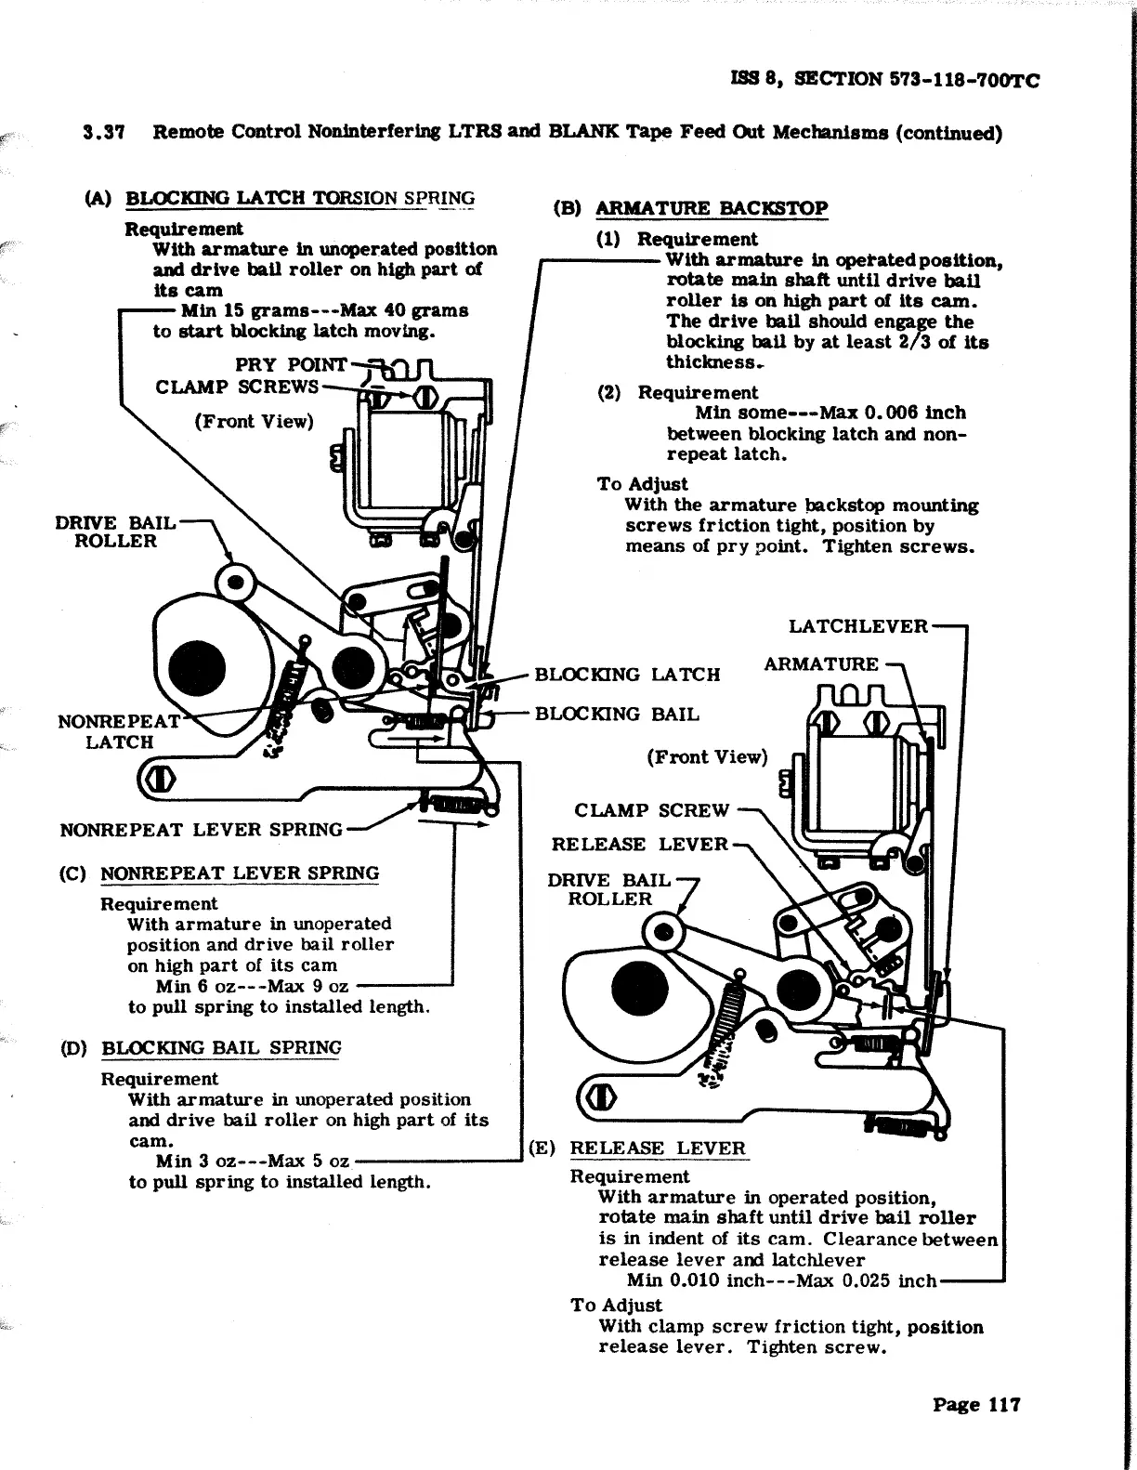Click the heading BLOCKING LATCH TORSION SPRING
[300, 198]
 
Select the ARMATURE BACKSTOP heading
[711, 208]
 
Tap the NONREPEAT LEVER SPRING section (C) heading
[240, 873]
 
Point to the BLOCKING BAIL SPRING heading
[221, 1048]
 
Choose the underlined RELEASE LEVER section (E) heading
[658, 1148]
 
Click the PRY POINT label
[292, 365]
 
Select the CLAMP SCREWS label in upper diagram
[237, 387]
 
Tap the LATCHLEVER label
[857, 626]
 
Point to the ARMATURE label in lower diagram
[820, 664]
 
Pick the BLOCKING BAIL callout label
[617, 715]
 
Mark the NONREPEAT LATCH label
[119, 732]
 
